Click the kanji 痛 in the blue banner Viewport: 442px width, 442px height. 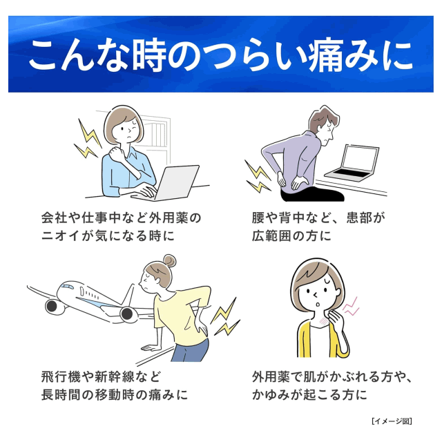(325, 55)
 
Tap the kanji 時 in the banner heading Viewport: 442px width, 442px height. (149, 55)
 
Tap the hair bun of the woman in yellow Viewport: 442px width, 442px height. (170, 261)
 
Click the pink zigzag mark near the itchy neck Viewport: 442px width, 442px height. (351, 307)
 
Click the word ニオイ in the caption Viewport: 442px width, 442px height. (59, 236)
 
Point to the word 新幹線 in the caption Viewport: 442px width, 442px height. (115, 376)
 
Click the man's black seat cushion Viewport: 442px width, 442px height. (313, 195)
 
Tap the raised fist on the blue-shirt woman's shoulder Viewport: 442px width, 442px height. (117, 153)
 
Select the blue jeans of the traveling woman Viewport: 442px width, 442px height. (189, 350)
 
